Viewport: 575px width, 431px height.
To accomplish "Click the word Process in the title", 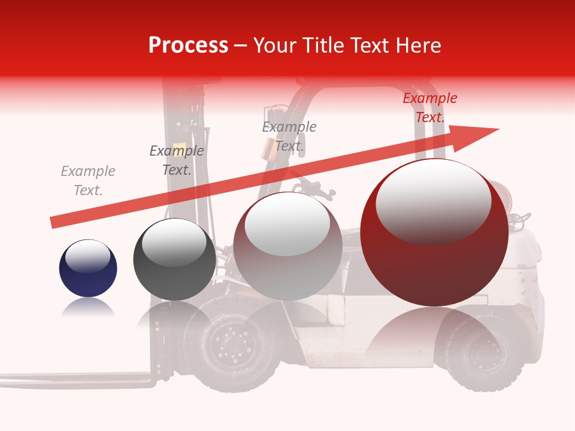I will click(x=188, y=45).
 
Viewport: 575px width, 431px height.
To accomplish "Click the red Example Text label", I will click(x=429, y=108).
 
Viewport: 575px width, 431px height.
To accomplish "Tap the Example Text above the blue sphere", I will click(x=88, y=181).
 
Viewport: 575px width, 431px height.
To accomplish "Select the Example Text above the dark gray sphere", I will click(x=177, y=160).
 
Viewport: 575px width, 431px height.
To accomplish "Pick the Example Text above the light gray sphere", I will click(x=289, y=136).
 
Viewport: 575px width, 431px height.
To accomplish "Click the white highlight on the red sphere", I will click(x=433, y=201).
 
